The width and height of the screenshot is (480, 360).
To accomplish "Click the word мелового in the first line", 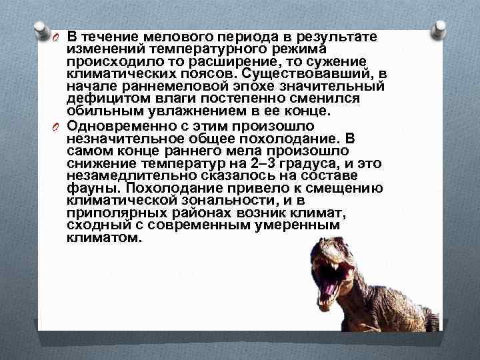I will tap(175, 36).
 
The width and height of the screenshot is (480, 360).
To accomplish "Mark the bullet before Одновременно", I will tap(56, 127).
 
